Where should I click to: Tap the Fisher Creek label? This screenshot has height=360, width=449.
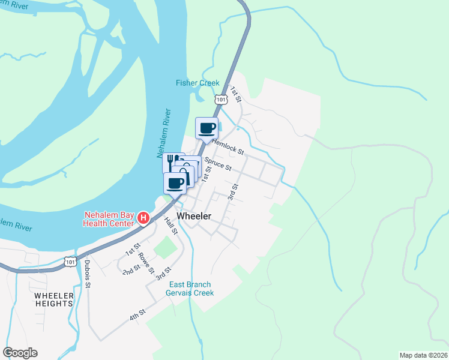point(197,83)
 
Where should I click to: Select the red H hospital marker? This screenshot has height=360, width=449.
point(143,217)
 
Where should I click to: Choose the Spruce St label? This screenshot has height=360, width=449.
point(217,164)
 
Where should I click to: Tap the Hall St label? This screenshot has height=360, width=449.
point(171,226)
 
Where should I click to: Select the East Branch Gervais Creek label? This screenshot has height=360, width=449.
point(191,289)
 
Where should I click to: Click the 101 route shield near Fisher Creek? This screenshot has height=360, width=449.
point(221,98)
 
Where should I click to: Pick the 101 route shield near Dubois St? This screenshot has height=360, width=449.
point(71,262)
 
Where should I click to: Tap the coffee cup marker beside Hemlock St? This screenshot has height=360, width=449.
point(207,128)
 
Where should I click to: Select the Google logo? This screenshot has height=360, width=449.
point(20,353)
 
